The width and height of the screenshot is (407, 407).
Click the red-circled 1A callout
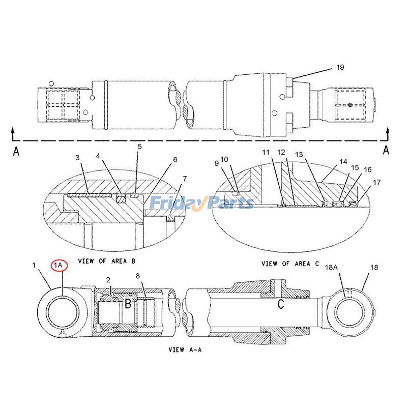click(x=59, y=265)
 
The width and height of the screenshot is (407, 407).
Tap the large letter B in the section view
click(x=128, y=304)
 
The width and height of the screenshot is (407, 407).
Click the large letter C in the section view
click(x=280, y=304)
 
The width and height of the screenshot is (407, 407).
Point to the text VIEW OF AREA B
click(x=106, y=261)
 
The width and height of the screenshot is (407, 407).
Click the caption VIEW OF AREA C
click(x=290, y=264)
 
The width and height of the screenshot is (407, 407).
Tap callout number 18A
click(x=346, y=267)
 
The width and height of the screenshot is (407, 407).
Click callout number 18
click(x=374, y=267)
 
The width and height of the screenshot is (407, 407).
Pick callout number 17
click(x=376, y=182)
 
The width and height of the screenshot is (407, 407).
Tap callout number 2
click(x=108, y=280)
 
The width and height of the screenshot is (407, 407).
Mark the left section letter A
click(x=16, y=151)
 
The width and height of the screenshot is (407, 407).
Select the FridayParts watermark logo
click(x=201, y=203)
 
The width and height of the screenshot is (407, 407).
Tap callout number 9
click(x=217, y=163)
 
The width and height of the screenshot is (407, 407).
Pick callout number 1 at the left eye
click(x=34, y=265)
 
